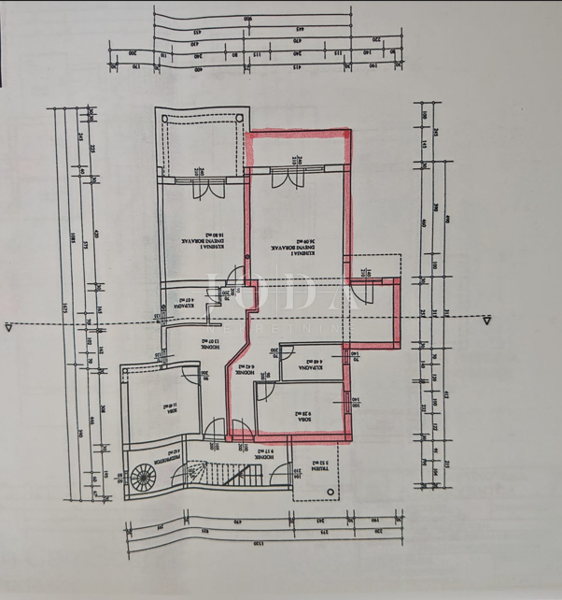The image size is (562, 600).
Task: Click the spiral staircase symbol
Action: (143, 480)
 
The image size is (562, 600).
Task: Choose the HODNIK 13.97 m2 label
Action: (187, 343)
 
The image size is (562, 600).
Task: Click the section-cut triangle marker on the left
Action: (8, 325)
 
